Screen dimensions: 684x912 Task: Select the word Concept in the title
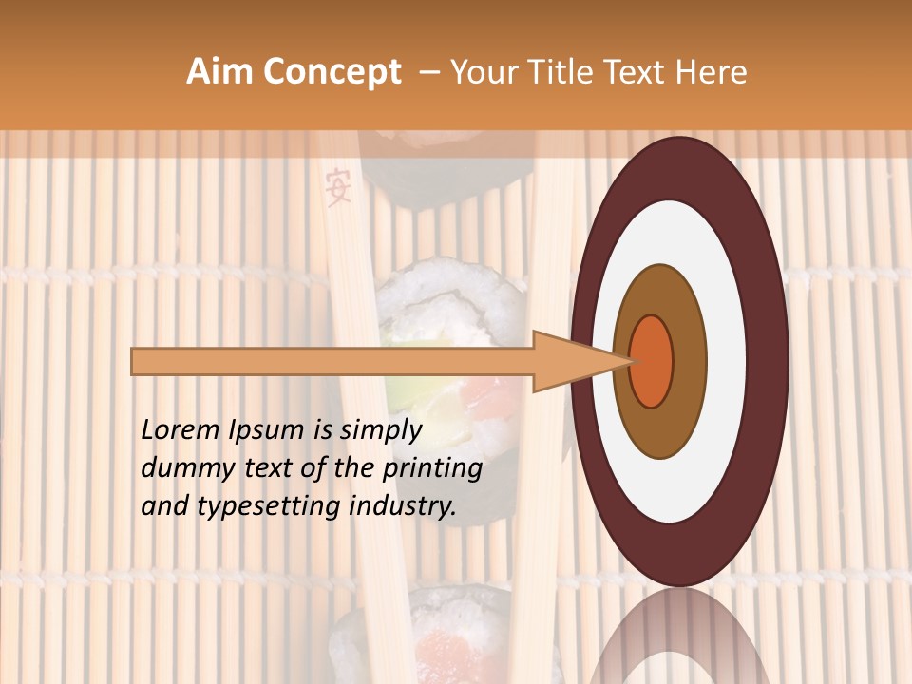coord(332,73)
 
